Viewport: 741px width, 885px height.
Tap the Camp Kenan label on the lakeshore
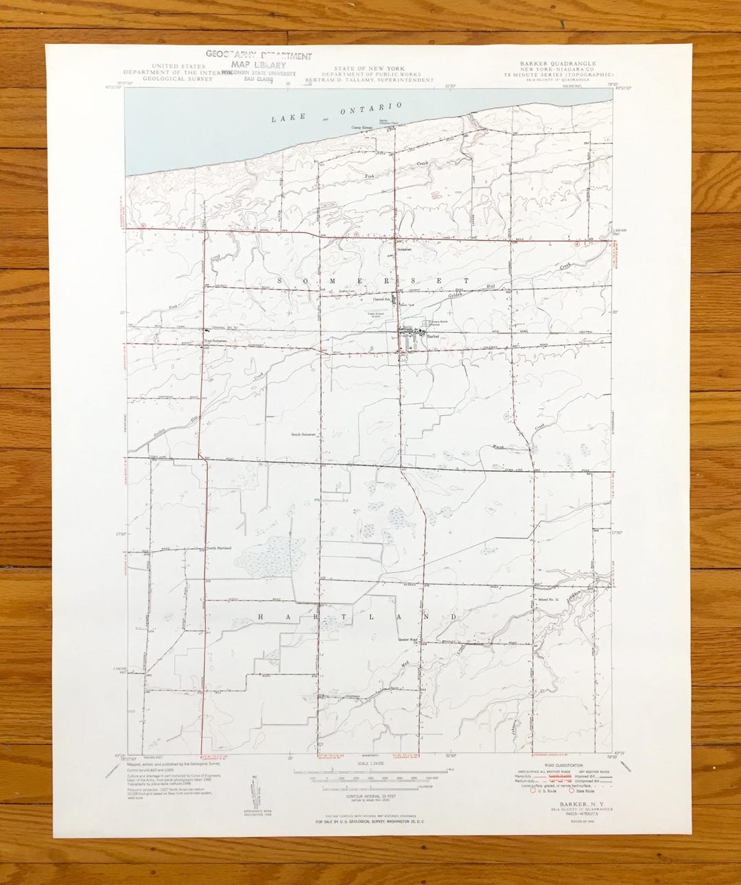[x=362, y=127]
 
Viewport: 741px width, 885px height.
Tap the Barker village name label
[x=431, y=336]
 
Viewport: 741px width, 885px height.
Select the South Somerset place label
[x=303, y=434]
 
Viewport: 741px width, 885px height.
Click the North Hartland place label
[x=219, y=548]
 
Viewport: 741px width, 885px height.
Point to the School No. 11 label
[x=548, y=600]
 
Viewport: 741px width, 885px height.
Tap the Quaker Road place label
[x=408, y=639]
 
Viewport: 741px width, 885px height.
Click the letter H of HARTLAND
[x=261, y=617]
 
